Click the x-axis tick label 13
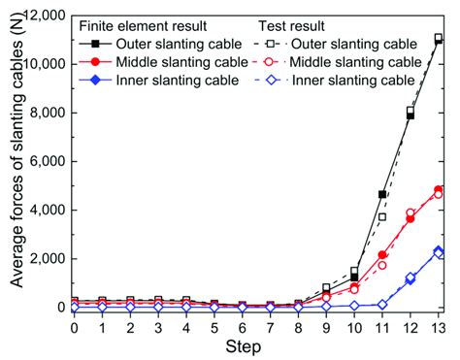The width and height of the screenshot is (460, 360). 438,327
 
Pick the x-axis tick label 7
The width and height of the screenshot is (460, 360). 270,327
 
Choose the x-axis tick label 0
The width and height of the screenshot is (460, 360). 74,327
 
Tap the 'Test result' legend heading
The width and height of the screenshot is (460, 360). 292,26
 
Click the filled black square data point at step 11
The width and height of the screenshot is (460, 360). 382,194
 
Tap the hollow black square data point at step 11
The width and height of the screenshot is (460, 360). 382,216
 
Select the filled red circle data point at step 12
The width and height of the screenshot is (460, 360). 411,218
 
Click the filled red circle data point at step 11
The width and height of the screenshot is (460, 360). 382,254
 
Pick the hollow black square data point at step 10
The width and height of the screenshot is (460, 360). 354,271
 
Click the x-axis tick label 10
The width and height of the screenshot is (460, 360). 354,327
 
